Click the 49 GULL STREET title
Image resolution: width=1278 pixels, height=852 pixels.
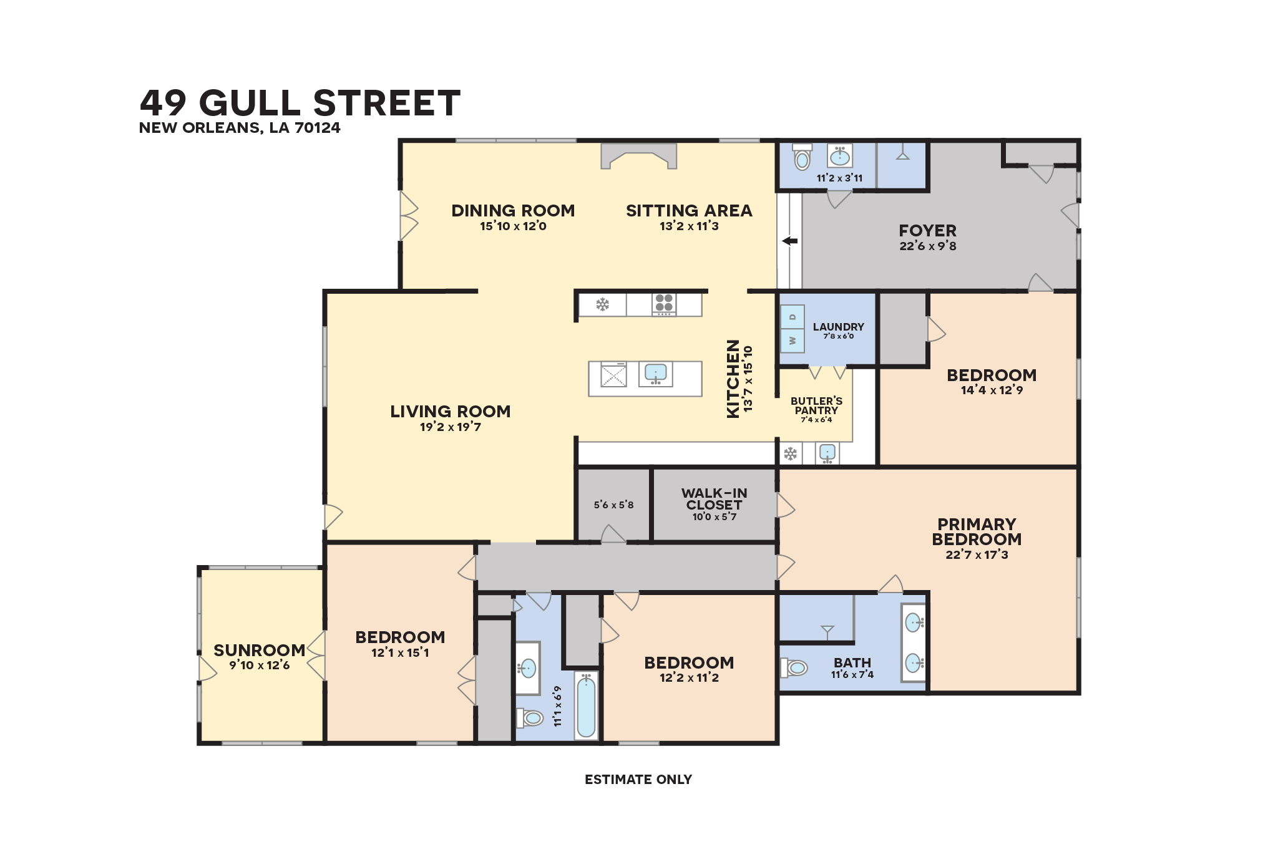300,103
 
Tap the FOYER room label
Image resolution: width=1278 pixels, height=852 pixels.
927,231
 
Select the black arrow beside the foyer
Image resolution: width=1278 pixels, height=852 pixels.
790,241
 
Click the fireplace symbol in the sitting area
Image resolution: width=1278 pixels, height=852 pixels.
638,156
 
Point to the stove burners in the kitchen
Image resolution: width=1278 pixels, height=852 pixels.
664,303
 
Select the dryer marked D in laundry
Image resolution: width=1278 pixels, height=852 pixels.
793,317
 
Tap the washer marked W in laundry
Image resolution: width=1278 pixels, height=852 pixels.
793,341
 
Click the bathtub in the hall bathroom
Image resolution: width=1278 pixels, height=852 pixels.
586,705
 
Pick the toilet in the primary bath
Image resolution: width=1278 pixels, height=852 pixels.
794,668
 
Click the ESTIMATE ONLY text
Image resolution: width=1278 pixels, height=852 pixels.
638,780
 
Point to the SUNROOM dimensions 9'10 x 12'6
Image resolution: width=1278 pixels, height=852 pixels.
260,666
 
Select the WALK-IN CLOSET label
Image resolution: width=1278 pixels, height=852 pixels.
714,499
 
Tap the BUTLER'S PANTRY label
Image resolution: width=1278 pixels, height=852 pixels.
816,405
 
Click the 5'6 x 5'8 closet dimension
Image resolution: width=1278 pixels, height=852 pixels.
613,505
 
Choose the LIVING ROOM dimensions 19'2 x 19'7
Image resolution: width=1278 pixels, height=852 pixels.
450,427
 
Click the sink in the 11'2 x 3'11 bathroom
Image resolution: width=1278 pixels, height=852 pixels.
840,155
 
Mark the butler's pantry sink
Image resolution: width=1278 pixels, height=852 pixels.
827,453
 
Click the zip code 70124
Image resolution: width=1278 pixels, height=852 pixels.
318,128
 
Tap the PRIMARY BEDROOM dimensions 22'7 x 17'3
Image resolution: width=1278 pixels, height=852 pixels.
977,555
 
